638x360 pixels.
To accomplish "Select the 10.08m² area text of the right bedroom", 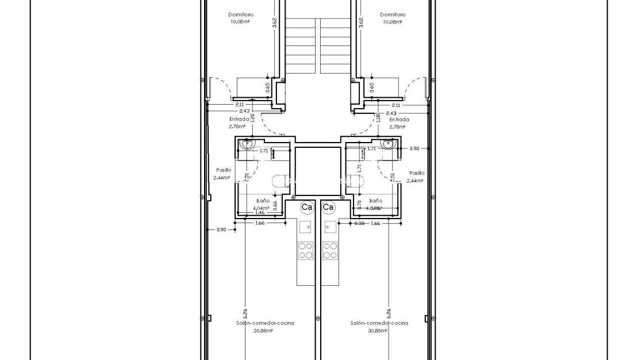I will click(x=392, y=22).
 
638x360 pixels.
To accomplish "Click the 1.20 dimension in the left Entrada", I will click(x=252, y=118).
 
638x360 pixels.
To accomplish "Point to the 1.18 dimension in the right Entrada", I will click(x=378, y=118).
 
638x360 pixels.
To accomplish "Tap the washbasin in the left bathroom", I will click(x=247, y=145).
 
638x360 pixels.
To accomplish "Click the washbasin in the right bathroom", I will click(x=387, y=144).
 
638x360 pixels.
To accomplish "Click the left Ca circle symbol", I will click(x=307, y=206).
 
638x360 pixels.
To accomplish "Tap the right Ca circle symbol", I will click(x=328, y=206).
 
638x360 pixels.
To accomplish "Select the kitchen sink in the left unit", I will click(x=306, y=226).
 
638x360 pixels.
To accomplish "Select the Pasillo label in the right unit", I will click(x=417, y=173).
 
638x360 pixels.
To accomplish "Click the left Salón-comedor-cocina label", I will click(x=265, y=323).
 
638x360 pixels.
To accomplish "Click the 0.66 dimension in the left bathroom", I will click(x=275, y=204).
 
